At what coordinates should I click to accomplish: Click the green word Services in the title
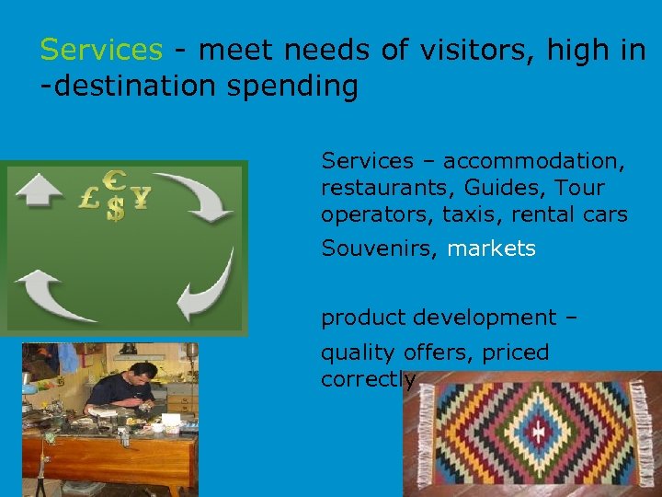point(101,50)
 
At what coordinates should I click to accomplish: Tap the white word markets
point(491,248)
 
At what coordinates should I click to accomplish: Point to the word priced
point(516,353)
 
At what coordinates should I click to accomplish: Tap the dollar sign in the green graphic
point(115,207)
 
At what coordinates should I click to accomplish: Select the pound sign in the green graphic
point(90,197)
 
